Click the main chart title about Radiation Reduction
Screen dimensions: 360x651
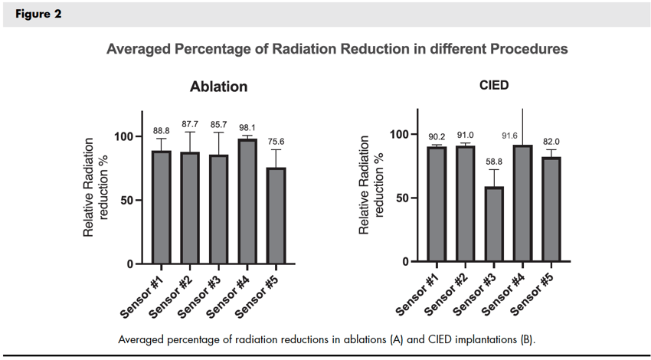pos(337,49)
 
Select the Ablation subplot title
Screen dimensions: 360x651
pos(218,87)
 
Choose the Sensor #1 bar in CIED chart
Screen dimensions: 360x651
pos(437,204)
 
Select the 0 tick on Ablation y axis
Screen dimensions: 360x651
pos(129,264)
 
